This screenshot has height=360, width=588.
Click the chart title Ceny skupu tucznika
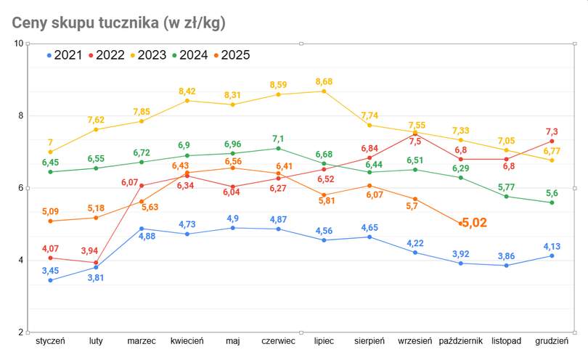click(118, 22)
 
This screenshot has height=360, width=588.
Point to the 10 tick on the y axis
click(18, 44)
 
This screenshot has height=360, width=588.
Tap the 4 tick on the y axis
click(20, 261)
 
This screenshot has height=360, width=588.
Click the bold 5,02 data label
click(475, 223)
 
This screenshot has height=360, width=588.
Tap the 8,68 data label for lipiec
click(324, 82)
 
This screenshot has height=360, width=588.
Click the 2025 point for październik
click(461, 224)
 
